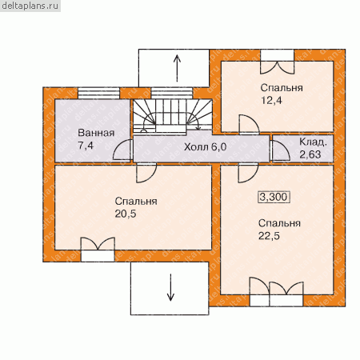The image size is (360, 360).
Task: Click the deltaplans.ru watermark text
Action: (30, 6)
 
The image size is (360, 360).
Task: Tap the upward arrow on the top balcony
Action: (177, 68)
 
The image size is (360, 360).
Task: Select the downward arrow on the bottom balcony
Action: (170, 287)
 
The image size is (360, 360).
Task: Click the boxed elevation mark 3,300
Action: (274, 197)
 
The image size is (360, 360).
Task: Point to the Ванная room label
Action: (96, 133)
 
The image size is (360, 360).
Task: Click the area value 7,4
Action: (86, 146)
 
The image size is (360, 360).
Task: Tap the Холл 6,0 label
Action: (206, 146)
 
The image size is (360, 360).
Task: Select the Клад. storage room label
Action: (313, 142)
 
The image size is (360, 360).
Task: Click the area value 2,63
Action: (310, 154)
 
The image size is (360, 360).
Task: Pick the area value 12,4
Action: (271, 101)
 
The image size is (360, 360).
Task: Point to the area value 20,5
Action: (126, 214)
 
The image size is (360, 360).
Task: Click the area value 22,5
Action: (269, 236)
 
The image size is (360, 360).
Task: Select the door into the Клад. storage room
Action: (280, 150)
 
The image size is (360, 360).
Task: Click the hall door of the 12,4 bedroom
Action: (249, 125)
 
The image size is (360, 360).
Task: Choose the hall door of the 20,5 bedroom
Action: (146, 173)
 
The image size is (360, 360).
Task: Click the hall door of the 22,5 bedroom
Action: (248, 173)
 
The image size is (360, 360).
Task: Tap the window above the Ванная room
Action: (98, 94)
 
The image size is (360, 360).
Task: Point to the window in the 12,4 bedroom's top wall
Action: (278, 55)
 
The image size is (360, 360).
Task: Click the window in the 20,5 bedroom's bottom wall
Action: (98, 256)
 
